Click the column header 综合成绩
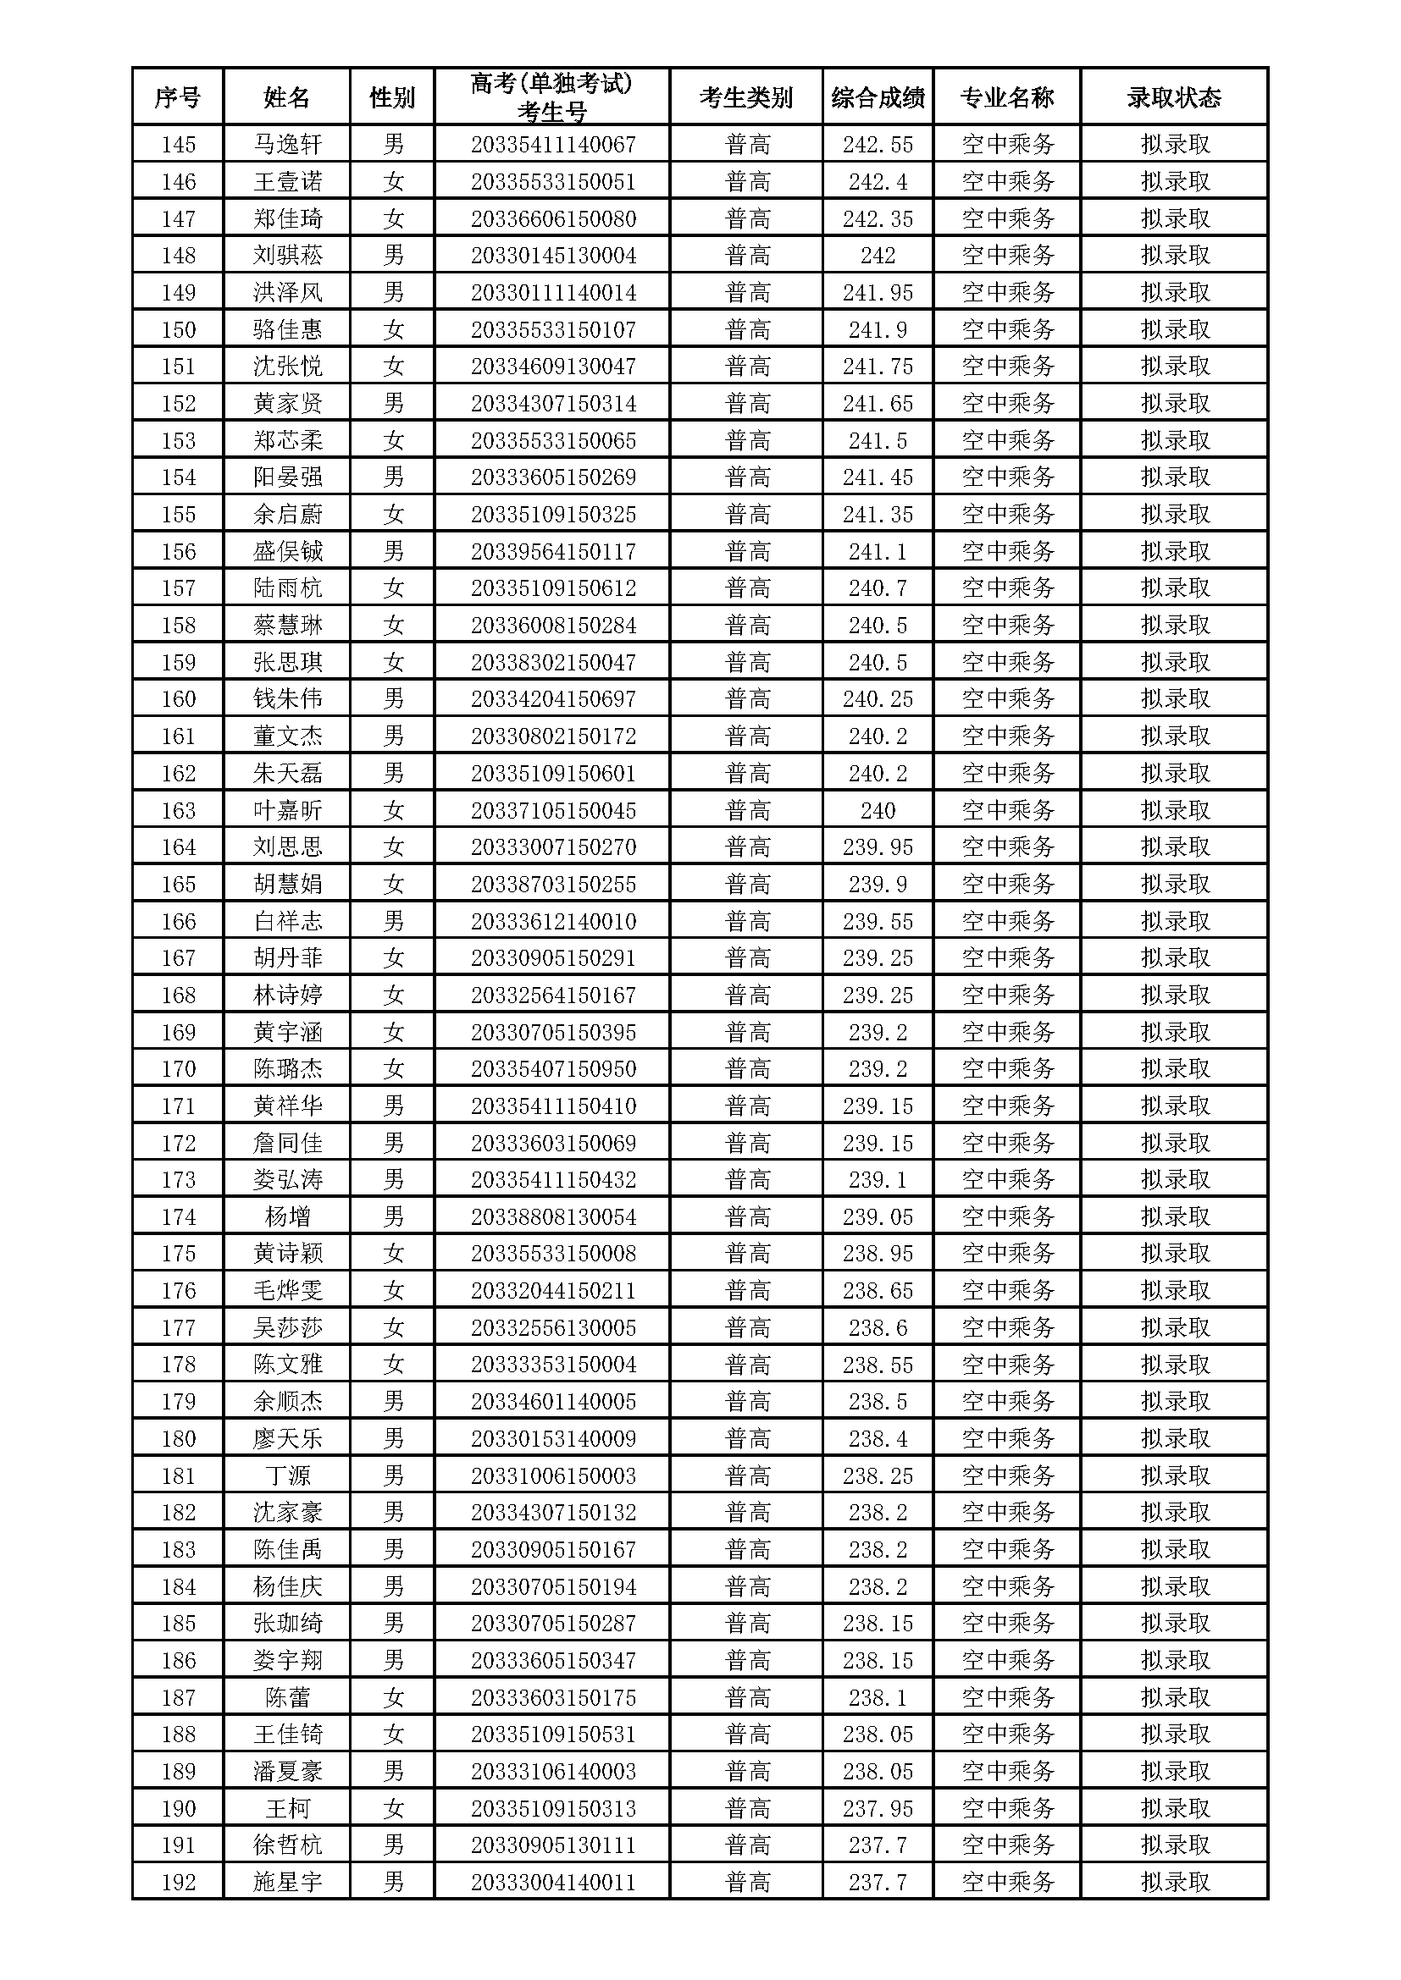point(878,97)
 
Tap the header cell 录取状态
point(1173,97)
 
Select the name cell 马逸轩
point(286,144)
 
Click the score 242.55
point(878,144)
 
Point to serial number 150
point(178,329)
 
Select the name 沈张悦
point(286,367)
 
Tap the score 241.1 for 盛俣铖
point(878,551)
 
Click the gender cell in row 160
point(392,698)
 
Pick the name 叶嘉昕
point(286,810)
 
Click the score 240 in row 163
point(878,810)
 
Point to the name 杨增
point(286,1216)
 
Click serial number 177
point(178,1327)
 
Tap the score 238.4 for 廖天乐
point(878,1438)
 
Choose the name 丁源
point(286,1475)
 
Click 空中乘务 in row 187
point(1007,1697)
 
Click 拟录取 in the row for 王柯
point(1173,1808)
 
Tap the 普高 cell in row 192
point(746,1882)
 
